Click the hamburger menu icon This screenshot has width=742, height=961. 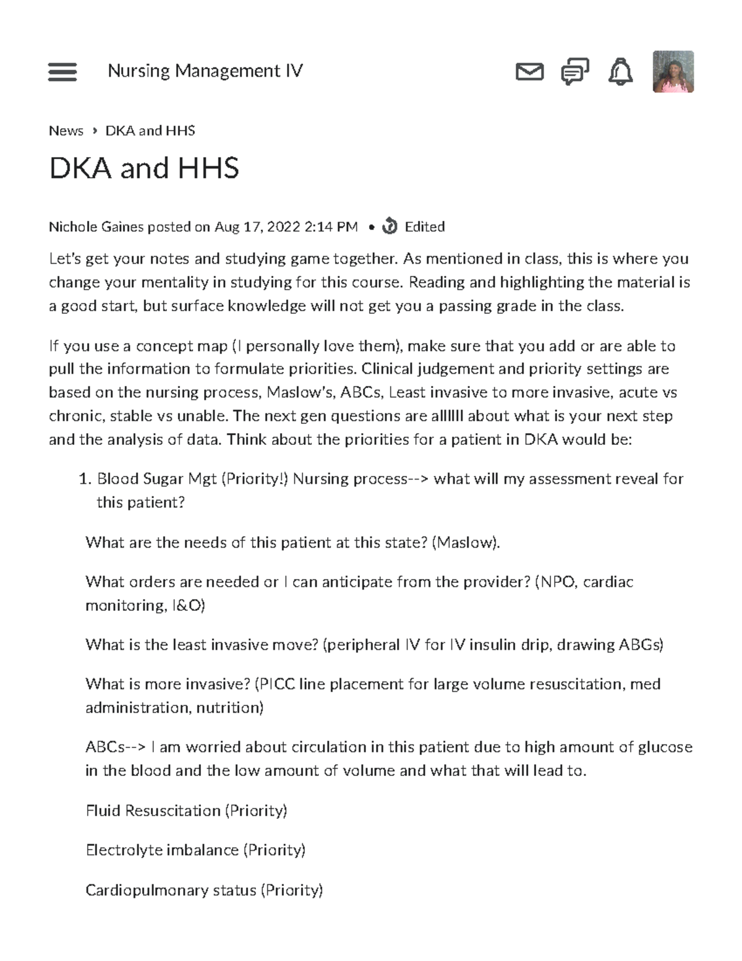[x=62, y=72]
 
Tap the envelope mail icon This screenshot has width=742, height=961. [x=529, y=72]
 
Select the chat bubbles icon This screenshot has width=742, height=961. [x=574, y=72]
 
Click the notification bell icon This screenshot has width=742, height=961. [x=620, y=72]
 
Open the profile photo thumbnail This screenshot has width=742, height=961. [x=673, y=72]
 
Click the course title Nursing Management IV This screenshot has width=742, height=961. [x=205, y=71]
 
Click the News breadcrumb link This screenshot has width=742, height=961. [x=66, y=131]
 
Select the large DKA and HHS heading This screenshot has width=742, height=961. [x=143, y=168]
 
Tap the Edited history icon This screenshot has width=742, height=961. [x=390, y=226]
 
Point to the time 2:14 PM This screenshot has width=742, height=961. [x=331, y=227]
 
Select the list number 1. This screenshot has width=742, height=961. [x=85, y=479]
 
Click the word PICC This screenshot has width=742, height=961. [x=276, y=684]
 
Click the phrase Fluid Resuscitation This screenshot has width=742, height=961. [x=153, y=811]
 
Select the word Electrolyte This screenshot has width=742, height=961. [x=122, y=850]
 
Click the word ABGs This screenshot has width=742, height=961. [x=641, y=645]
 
